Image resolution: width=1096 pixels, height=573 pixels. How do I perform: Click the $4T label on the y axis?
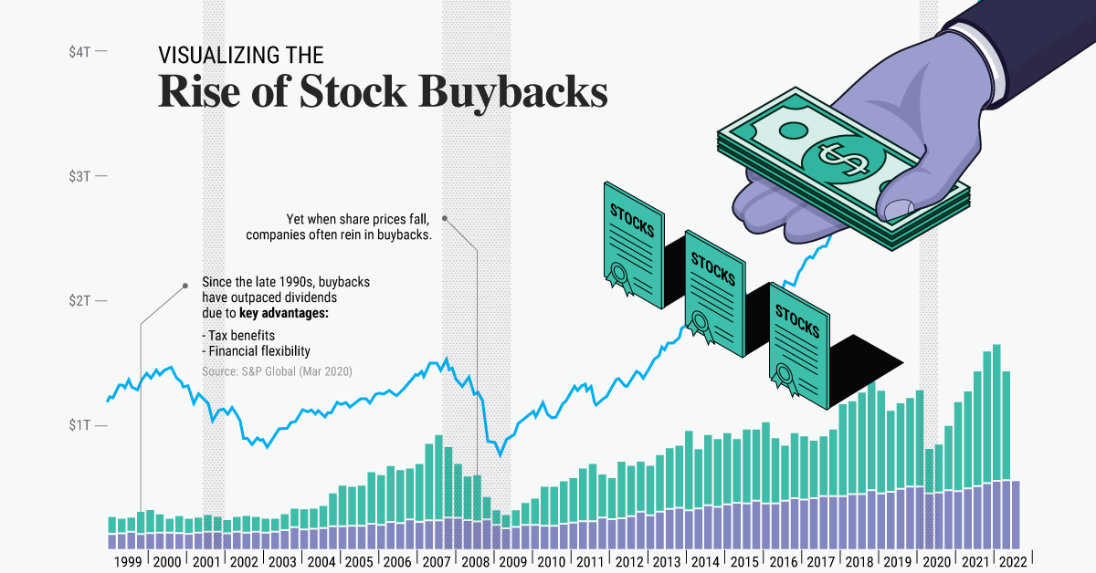point(79,52)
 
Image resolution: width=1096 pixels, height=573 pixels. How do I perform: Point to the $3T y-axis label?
point(79,175)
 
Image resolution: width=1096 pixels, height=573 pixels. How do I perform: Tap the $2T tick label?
point(79,301)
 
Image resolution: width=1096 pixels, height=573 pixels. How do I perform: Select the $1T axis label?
point(79,426)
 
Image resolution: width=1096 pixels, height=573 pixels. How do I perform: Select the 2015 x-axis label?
point(745,562)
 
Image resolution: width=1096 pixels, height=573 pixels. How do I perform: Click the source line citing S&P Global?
point(277,371)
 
